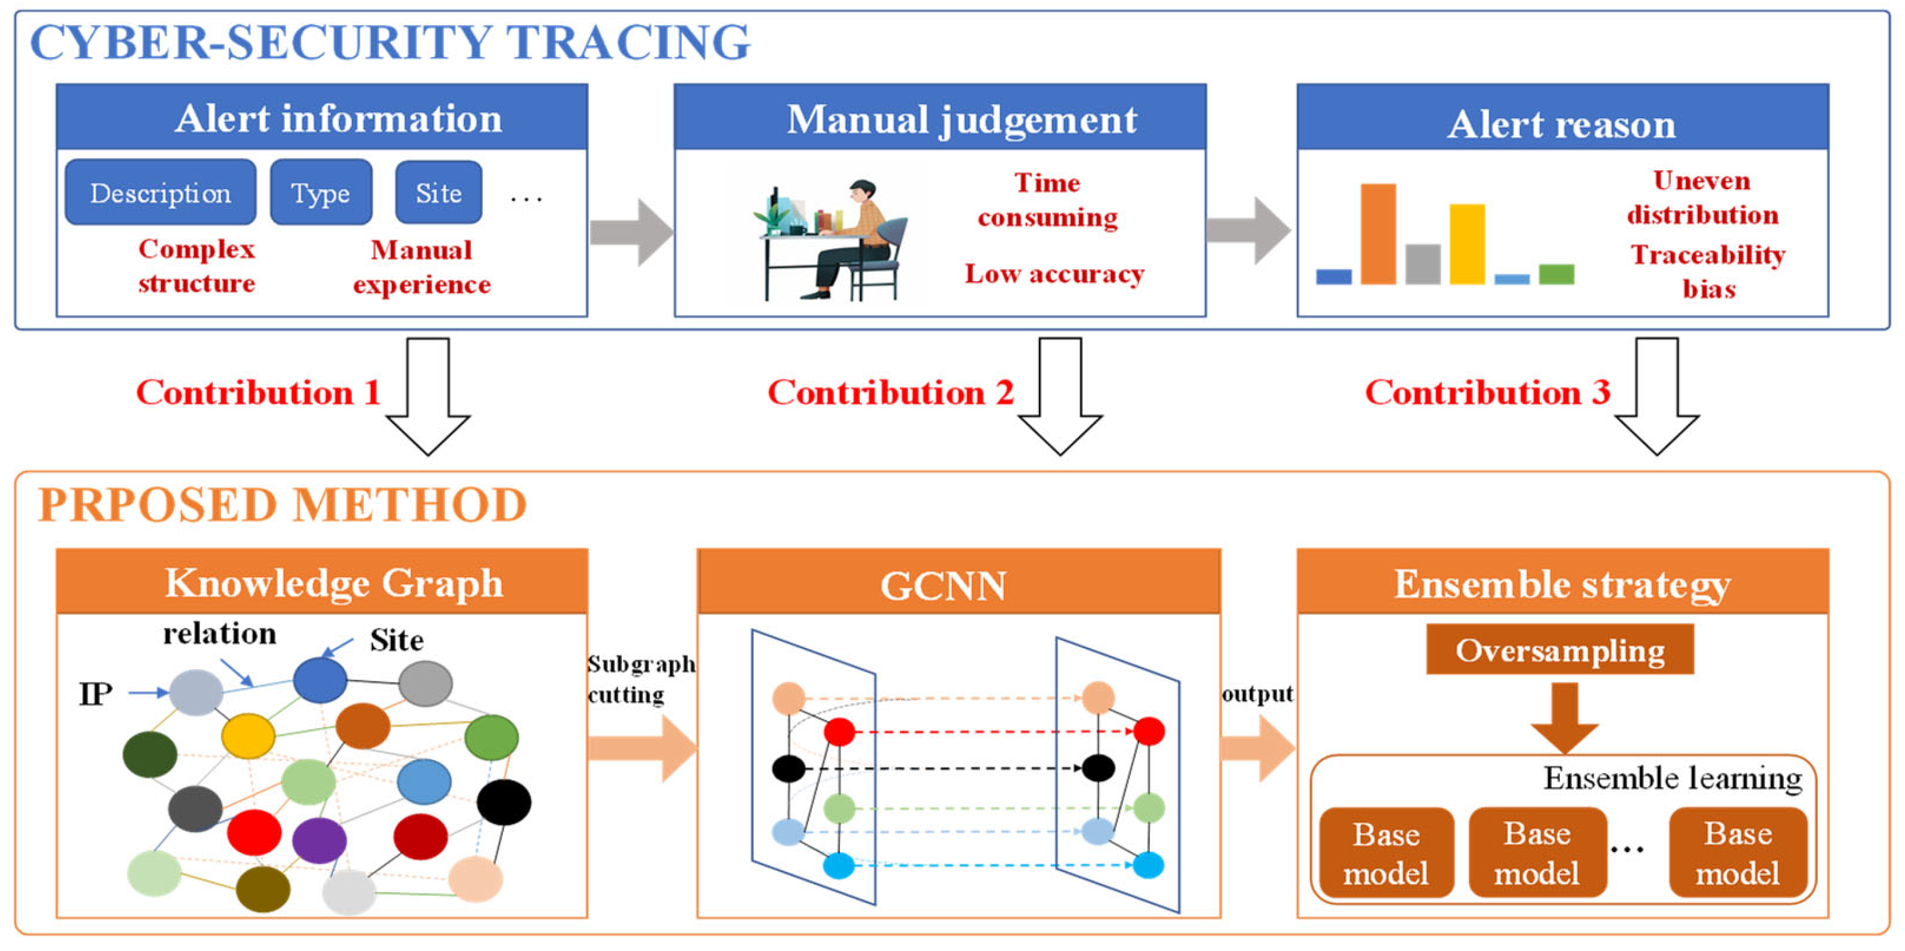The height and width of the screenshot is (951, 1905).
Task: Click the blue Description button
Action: tap(160, 192)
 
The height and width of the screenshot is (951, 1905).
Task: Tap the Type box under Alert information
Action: tap(321, 192)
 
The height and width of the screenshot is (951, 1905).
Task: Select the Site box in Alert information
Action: tap(438, 192)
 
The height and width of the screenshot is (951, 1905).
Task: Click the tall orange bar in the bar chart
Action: tap(1378, 234)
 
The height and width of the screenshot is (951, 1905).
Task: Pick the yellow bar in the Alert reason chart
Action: tap(1467, 244)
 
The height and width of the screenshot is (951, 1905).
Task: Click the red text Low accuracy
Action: tap(1054, 274)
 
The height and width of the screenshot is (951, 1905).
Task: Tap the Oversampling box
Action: tap(1560, 649)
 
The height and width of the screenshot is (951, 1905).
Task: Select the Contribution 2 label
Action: tap(891, 392)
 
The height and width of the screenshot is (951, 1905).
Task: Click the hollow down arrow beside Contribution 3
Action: tap(1656, 396)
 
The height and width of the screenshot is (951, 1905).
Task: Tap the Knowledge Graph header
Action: tap(322, 583)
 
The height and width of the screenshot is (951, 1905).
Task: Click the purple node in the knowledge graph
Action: tap(319, 841)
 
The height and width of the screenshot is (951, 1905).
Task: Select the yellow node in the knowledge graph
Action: tap(249, 735)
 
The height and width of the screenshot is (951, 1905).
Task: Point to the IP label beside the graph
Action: tap(95, 694)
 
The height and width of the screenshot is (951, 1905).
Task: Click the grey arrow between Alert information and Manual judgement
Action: tap(631, 232)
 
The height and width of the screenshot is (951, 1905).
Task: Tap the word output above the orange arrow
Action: tap(1257, 694)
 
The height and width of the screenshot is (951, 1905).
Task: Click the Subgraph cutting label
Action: tap(641, 679)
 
